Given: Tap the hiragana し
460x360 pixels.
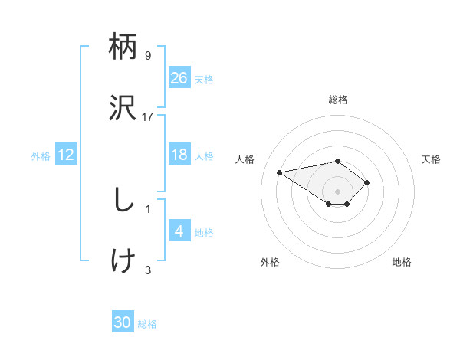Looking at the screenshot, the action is click(x=123, y=201).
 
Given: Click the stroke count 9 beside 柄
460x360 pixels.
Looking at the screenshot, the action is click(x=148, y=56).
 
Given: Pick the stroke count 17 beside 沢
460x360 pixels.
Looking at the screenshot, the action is click(x=148, y=116).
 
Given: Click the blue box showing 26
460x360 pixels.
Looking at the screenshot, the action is click(x=179, y=78).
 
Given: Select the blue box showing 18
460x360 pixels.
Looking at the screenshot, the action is click(x=179, y=155).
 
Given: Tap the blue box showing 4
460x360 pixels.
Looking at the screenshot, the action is click(x=179, y=231).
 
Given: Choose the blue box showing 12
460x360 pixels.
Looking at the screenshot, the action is click(x=66, y=155).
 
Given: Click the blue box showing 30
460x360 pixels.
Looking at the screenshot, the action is click(x=123, y=323).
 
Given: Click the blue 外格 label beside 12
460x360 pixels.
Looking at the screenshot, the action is click(x=41, y=156).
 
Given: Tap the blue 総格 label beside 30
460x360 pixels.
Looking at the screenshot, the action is click(x=147, y=325).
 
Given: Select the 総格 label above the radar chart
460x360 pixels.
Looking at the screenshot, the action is click(x=338, y=100).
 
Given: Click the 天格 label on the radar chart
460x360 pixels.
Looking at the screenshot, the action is click(x=431, y=159).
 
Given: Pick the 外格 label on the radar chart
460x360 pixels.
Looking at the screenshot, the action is click(x=270, y=262).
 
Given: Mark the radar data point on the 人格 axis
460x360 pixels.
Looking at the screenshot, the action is click(x=280, y=172).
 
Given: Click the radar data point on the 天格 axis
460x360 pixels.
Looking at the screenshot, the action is click(x=367, y=182).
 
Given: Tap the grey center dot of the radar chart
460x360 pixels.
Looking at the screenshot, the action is click(x=338, y=191).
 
